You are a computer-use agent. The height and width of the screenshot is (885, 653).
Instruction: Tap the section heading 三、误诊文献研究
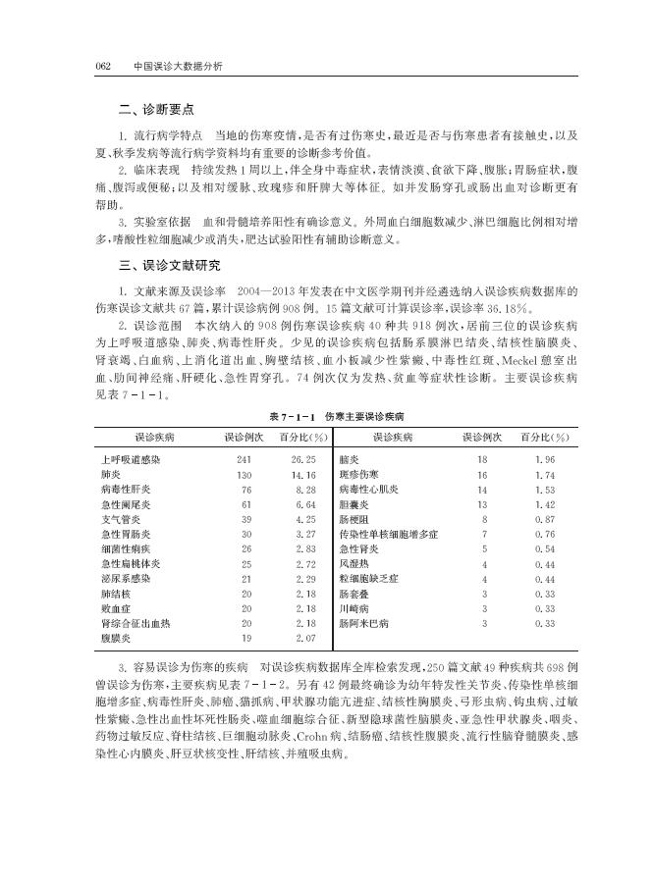[x=163, y=266]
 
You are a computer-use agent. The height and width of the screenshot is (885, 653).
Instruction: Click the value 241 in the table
[x=245, y=459]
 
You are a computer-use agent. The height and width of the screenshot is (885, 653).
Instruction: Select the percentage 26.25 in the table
[x=302, y=459]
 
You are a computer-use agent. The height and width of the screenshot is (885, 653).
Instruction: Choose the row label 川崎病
[x=354, y=608]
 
